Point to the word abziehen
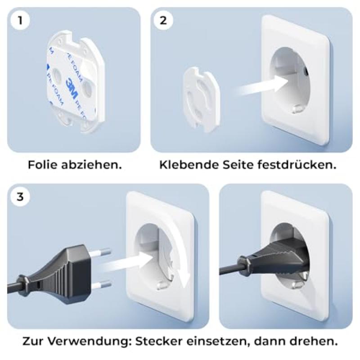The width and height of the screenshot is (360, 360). [97, 165]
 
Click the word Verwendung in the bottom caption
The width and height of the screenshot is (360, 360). [94, 341]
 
